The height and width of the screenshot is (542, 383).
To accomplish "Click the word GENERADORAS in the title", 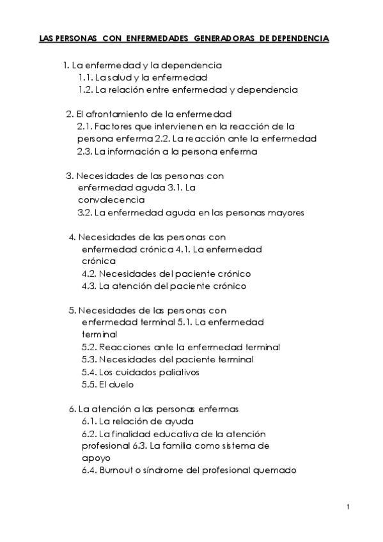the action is [223, 39].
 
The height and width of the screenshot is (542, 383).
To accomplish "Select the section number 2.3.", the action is [84, 152].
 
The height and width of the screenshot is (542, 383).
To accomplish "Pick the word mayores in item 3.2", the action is [285, 212].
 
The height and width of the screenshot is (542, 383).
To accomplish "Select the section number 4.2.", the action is [89, 274].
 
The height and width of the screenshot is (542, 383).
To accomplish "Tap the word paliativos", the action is [172, 372].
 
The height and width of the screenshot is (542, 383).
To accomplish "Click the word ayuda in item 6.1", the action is [178, 421].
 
